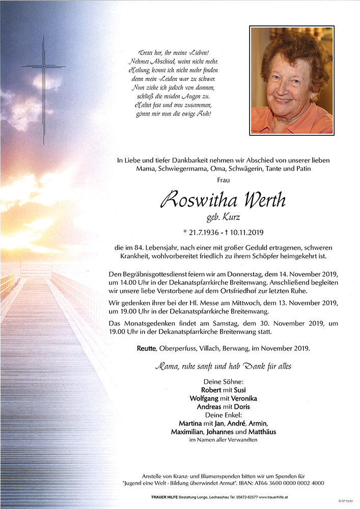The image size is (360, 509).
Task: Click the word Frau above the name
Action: pyautogui.click(x=223, y=180)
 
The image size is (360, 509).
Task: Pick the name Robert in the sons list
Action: pyautogui.click(x=211, y=390)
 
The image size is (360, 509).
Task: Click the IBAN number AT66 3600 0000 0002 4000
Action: pyautogui.click(x=289, y=483)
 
